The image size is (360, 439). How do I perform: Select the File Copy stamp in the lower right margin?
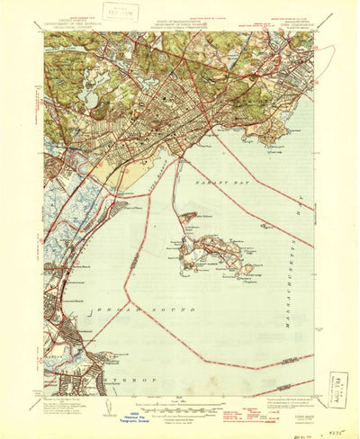coord(338,390)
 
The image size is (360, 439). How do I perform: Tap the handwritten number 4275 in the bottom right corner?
coord(343,432)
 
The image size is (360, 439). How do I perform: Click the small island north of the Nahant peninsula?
coord(189,217)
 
